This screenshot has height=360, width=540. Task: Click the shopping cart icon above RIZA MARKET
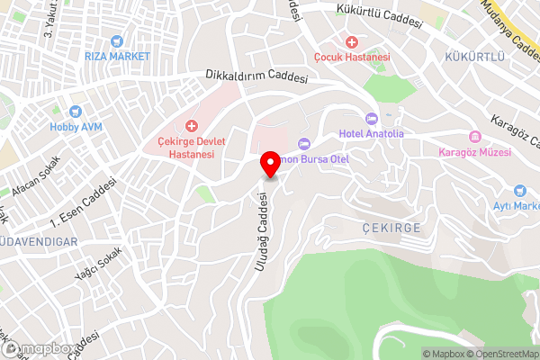pyautogui.click(x=115, y=41)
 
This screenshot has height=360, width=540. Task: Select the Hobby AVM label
pyautogui.click(x=76, y=127)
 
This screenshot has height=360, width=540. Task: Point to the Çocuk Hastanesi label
pyautogui.click(x=351, y=57)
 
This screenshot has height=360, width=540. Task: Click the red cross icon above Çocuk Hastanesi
pyautogui.click(x=351, y=41)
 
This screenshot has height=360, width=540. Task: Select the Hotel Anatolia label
pyautogui.click(x=371, y=134)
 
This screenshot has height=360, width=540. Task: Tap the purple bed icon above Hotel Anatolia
pyautogui.click(x=371, y=119)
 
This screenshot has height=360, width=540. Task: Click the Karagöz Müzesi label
pyautogui.click(x=474, y=152)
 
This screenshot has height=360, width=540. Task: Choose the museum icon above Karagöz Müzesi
pyautogui.click(x=474, y=137)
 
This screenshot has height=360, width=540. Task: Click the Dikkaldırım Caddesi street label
pyautogui.click(x=256, y=76)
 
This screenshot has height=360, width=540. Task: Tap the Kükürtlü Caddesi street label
pyautogui.click(x=379, y=16)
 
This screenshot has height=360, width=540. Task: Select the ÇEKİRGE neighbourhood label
pyautogui.click(x=393, y=228)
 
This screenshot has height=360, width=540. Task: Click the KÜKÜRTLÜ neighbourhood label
pyautogui.click(x=471, y=57)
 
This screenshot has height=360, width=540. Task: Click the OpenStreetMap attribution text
pyautogui.click(x=499, y=354)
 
